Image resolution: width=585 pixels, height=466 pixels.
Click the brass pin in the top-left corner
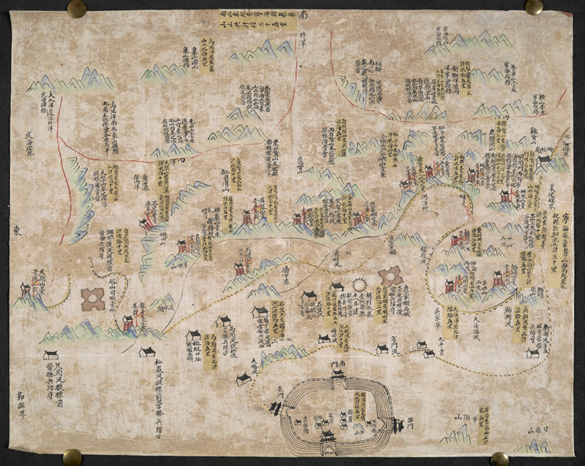tap(77, 8)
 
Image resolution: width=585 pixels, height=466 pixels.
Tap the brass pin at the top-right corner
tap(534, 7)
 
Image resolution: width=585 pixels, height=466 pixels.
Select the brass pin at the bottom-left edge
tap(72, 457)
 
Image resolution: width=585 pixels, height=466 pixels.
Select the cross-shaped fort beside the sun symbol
tap(390, 278)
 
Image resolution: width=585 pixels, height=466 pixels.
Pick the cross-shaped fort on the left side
tap(93, 298)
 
